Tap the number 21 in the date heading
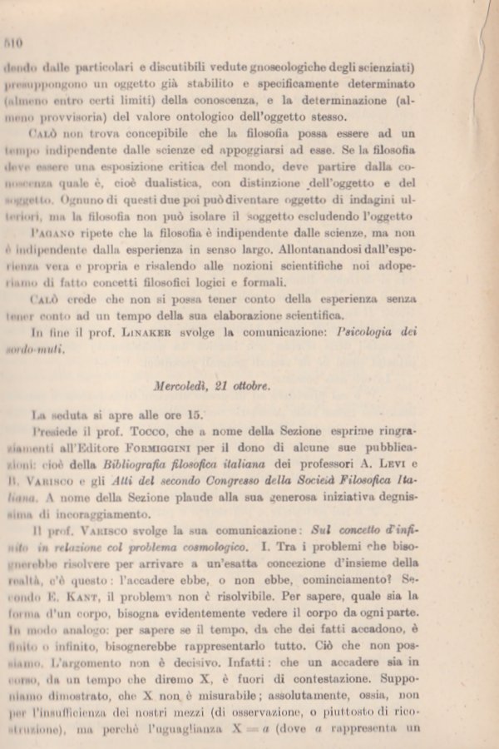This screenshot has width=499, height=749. coord(233,386)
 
